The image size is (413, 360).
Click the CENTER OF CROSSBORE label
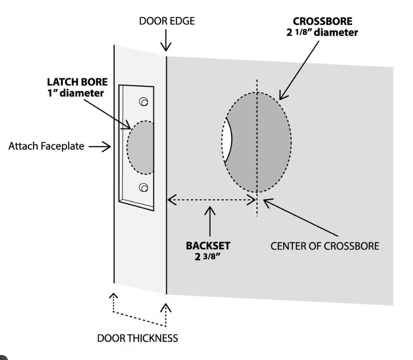324,246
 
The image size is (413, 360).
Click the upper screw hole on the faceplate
144,102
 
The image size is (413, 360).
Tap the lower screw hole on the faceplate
144,187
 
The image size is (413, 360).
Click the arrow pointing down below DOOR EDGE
166,42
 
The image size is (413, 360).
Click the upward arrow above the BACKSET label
210,221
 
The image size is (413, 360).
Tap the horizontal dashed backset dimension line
211,200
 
